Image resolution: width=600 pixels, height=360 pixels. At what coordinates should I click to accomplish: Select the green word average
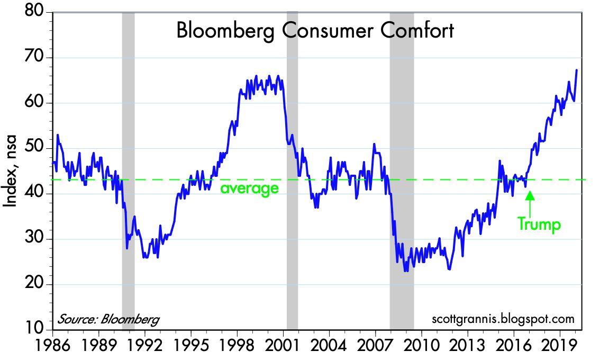click(x=249, y=188)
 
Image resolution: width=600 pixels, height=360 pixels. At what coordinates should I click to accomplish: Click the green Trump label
click(x=539, y=224)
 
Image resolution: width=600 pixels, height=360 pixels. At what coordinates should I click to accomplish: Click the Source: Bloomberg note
click(x=108, y=320)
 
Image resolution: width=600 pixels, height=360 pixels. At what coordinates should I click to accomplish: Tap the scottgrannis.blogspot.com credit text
click(x=503, y=320)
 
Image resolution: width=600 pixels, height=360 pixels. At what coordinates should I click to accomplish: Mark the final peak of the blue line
click(x=576, y=70)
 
